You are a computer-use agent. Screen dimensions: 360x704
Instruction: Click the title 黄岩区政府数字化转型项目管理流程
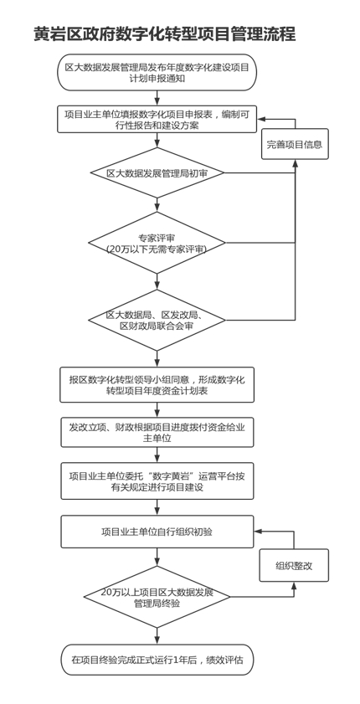(165, 33)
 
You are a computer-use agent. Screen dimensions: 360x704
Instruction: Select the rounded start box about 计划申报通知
(157, 72)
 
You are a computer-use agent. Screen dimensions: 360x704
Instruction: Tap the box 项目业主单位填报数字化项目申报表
(157, 120)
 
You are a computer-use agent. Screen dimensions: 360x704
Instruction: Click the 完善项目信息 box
(295, 144)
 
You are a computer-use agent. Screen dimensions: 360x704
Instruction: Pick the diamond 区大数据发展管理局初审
(157, 172)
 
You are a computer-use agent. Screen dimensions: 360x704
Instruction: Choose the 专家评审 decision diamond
(157, 243)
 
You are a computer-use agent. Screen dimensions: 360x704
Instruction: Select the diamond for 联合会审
(157, 320)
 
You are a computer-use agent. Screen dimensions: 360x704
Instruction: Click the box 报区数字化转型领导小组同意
(157, 385)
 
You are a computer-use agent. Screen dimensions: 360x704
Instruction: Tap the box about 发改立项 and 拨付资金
(157, 433)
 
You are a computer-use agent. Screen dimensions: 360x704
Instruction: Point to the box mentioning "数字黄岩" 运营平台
(157, 480)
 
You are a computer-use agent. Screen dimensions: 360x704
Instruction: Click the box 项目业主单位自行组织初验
(157, 532)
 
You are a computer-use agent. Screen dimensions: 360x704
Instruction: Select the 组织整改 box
(294, 565)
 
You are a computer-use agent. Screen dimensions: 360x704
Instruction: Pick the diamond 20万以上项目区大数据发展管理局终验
(157, 597)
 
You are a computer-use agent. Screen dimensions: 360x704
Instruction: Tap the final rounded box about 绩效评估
(157, 660)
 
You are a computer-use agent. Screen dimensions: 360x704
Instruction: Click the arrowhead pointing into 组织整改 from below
(294, 585)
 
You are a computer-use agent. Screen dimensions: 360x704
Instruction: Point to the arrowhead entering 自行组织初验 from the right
(258, 532)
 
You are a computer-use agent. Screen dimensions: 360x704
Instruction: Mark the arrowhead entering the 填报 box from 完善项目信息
(261, 120)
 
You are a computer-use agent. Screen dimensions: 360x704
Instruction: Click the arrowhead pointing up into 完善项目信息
(295, 163)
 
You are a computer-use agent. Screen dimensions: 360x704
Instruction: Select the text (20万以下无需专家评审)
(157, 249)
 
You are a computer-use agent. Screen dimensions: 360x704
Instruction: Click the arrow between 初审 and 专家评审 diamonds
(157, 205)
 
